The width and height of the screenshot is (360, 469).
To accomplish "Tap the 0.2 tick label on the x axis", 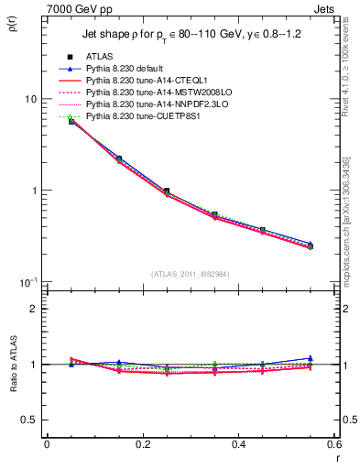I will click(x=142, y=444).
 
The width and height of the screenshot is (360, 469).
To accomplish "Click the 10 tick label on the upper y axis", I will click(x=30, y=99).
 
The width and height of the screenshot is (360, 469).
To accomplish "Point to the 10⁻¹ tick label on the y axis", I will click(x=27, y=281).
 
